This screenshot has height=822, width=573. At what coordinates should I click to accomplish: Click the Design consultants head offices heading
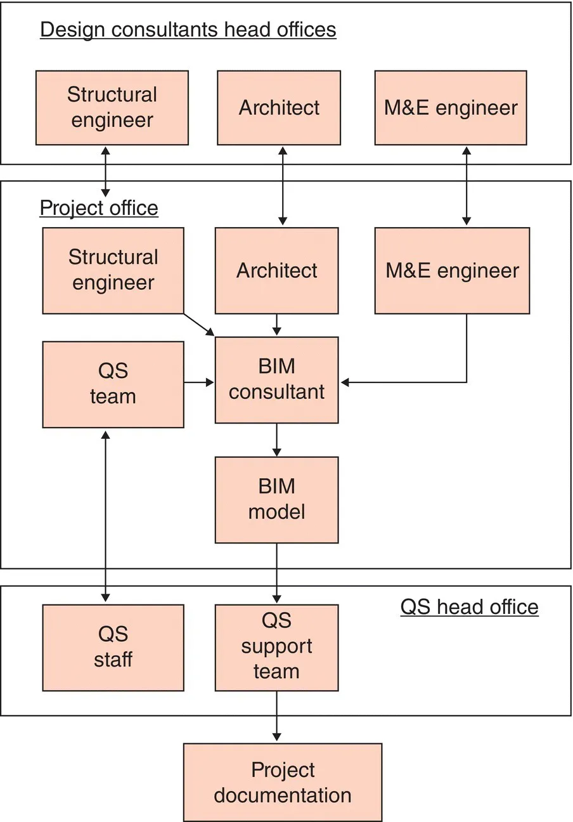click(188, 30)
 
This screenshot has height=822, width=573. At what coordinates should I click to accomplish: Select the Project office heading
click(99, 208)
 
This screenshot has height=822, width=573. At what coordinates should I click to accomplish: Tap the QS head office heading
click(469, 607)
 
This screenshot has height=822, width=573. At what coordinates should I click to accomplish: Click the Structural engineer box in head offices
click(112, 108)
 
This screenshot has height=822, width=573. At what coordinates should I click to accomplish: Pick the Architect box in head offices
click(279, 108)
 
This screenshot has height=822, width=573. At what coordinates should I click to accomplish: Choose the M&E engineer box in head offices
click(451, 108)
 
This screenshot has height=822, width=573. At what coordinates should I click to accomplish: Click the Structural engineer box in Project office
click(113, 271)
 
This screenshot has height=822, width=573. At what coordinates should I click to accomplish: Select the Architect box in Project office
click(277, 271)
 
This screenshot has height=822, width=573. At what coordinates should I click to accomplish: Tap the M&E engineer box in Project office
click(452, 271)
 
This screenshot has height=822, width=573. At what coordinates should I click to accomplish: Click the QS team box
click(113, 384)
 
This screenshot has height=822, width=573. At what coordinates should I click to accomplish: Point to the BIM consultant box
click(277, 380)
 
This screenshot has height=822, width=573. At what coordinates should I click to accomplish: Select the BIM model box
click(277, 500)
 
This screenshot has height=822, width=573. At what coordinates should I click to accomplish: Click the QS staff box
click(113, 648)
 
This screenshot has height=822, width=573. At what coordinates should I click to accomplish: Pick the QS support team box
click(277, 648)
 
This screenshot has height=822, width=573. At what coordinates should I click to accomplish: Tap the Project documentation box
click(283, 783)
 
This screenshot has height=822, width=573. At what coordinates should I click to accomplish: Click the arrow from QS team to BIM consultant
click(200, 382)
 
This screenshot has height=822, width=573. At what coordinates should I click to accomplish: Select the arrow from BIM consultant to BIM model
click(277, 440)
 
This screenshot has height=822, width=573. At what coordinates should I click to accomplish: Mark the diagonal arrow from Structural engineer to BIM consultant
click(200, 324)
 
